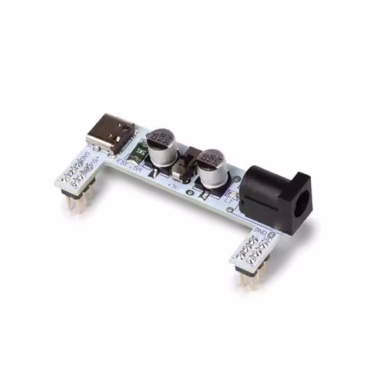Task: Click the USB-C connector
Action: [x=110, y=134]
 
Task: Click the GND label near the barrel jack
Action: [x=261, y=231]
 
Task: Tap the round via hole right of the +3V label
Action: [x=189, y=192]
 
